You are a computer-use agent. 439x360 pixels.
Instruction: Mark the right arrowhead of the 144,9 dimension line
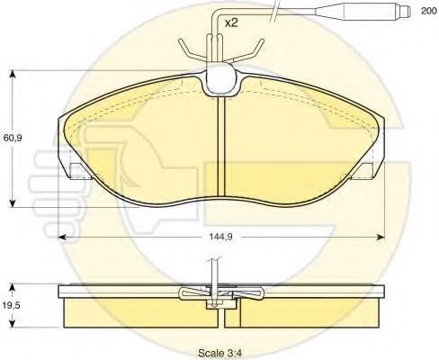pyautogui.click(x=381, y=236)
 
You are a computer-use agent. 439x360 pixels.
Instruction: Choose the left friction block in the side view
pyautogui.click(x=135, y=311)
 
